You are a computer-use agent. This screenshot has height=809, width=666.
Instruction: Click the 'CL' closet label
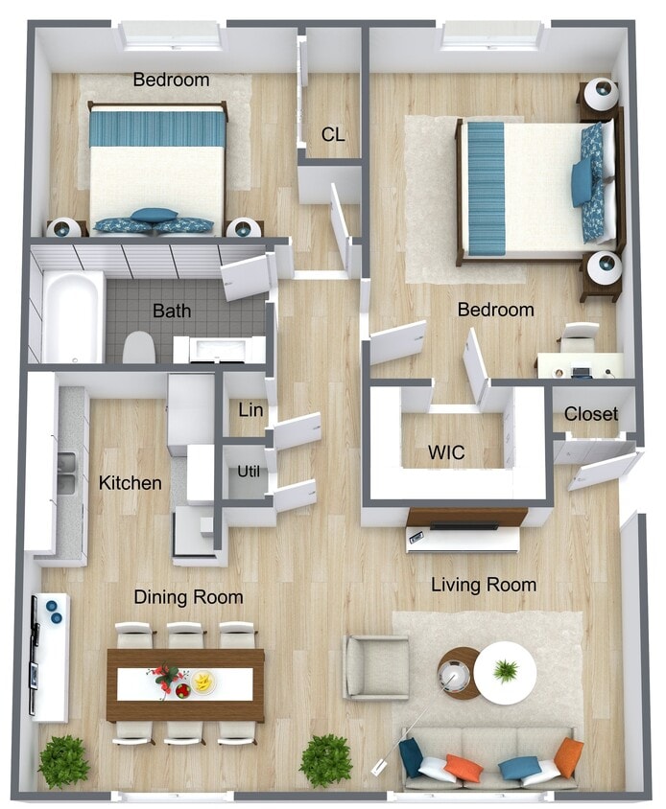pos(333,135)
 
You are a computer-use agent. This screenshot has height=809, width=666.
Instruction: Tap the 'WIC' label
pos(446,451)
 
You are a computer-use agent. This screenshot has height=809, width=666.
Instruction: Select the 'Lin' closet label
pos(250,410)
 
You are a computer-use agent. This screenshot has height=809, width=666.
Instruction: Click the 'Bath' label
pos(172,311)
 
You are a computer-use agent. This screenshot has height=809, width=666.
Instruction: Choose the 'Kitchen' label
pos(131,482)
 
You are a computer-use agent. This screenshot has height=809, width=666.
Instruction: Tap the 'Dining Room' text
pos(188,597)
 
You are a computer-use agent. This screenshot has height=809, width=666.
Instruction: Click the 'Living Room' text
pos(483,584)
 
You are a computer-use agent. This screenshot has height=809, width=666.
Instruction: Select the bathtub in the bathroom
pos(72,316)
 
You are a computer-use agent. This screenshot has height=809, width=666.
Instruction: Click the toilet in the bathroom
pos(139,347)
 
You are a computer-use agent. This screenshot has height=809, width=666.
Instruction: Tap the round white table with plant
pos(505,671)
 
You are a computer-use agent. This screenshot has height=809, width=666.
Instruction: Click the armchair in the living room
pos(376,667)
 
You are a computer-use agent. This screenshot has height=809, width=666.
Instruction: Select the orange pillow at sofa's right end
pos(568,756)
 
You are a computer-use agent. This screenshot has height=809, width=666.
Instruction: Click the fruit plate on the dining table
pos(203,682)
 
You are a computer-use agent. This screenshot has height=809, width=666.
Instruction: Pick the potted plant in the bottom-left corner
pos(64,761)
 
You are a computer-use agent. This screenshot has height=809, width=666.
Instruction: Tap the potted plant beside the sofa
pos(325,760)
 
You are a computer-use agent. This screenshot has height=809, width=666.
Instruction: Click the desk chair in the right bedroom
pos(579,336)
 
